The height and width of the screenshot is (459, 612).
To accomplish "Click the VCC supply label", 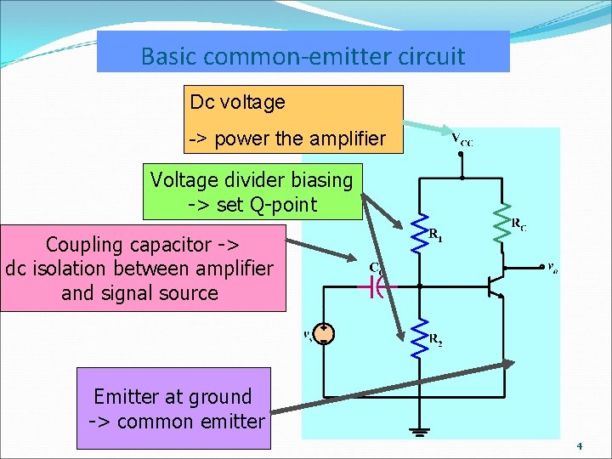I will [462, 139].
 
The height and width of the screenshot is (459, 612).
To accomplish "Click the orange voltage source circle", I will [324, 334].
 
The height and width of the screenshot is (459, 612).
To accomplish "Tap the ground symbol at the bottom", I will [418, 432].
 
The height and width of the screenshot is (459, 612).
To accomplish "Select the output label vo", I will [552, 268].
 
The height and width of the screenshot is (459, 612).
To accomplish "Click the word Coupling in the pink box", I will [86, 245].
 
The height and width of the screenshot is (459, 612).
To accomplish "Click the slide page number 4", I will [579, 446].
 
